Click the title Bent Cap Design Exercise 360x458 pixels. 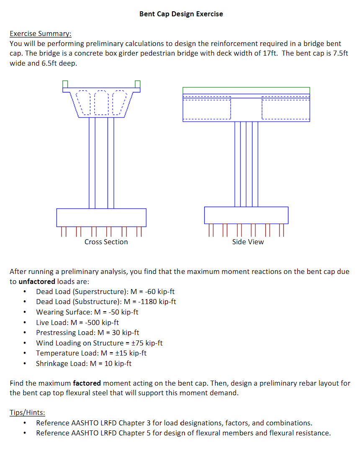point(181,14)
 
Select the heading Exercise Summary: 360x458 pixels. point(41,33)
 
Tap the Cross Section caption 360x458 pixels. point(106,242)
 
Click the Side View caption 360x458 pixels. point(248,242)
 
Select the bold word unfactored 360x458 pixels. point(37,281)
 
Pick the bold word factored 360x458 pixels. point(87,383)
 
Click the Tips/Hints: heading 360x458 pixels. point(27,412)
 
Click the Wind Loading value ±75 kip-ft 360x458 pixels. point(147,343)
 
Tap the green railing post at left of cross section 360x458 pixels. point(65,84)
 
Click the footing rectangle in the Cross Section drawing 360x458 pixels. point(101,217)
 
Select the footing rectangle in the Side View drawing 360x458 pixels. point(246,215)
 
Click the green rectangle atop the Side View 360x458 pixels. point(246,90)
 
